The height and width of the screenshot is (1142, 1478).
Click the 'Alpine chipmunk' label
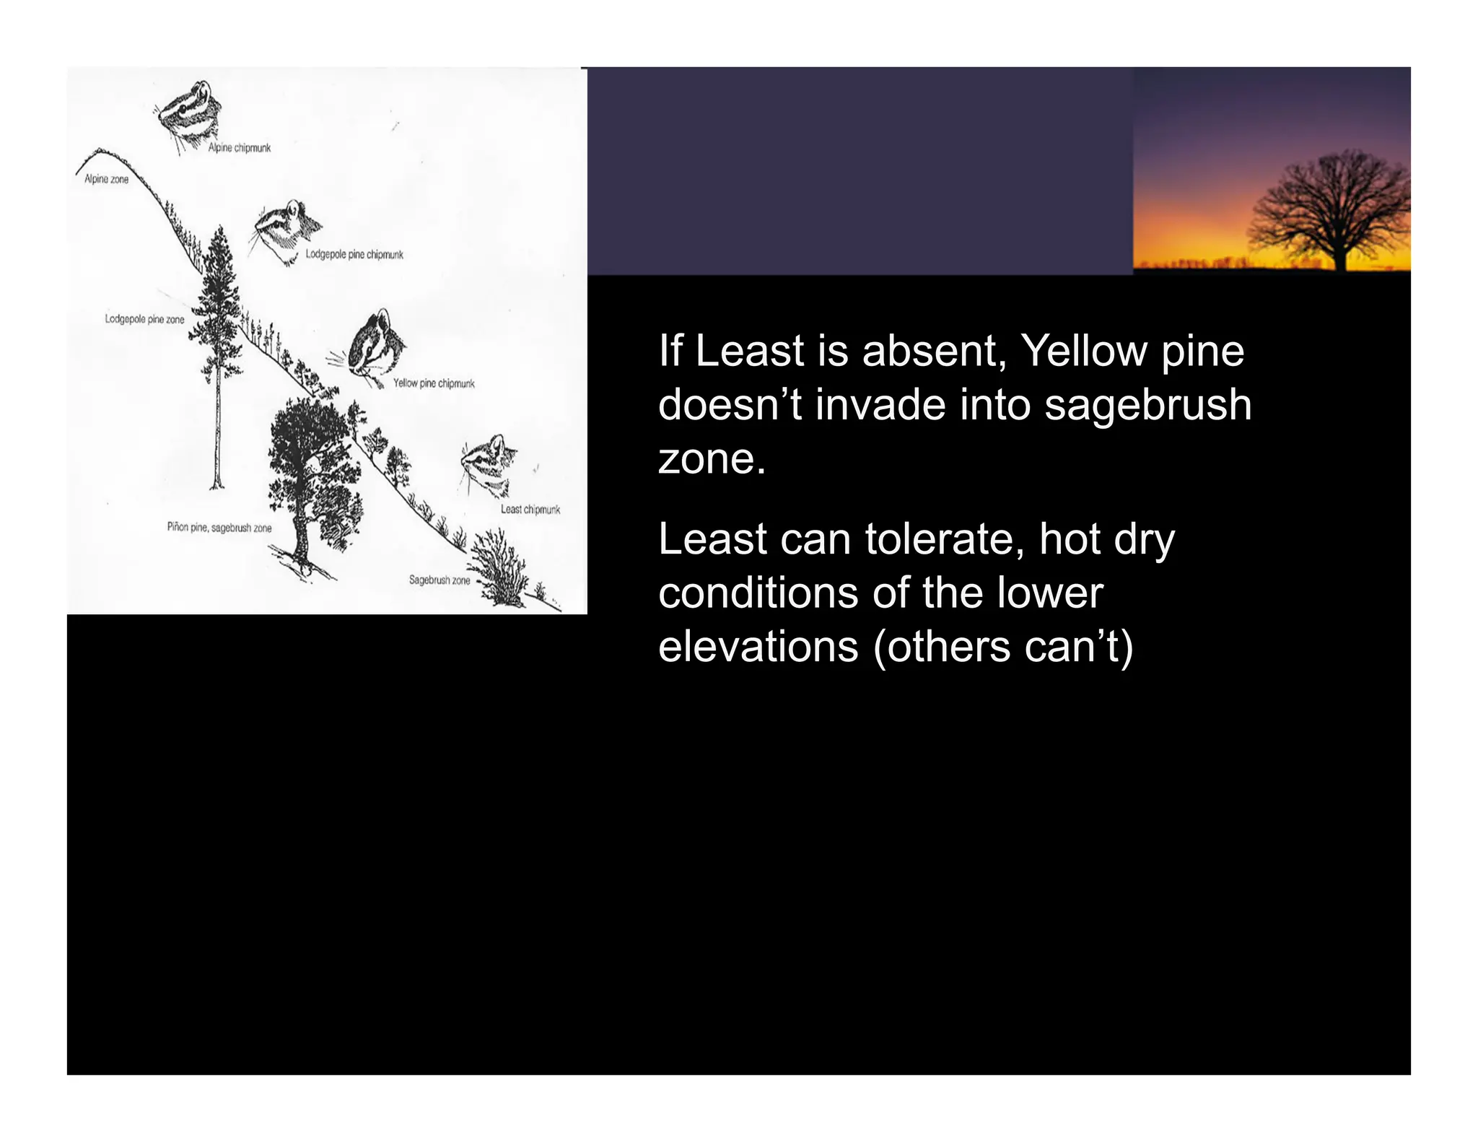coord(239,148)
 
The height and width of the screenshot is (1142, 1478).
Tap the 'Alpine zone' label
coord(106,179)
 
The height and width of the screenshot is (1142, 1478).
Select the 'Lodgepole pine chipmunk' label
coord(354,255)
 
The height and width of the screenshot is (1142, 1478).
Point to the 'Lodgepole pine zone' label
coord(144,319)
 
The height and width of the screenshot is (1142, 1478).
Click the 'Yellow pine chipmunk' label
coord(434,383)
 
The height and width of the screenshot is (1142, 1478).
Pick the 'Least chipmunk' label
coord(530,510)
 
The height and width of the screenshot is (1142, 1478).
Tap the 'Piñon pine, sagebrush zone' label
coord(219,528)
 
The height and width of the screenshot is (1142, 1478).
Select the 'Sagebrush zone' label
coord(439,580)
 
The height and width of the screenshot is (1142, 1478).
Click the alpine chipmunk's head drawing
coord(188,112)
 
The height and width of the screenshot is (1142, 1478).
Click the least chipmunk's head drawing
coord(489,466)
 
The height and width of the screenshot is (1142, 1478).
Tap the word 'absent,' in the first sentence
coord(934,352)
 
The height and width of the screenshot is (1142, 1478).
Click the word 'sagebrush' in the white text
coord(1147,405)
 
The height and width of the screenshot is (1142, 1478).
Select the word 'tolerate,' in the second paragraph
coord(948,540)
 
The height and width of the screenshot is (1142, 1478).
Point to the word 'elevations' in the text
coord(758,647)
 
